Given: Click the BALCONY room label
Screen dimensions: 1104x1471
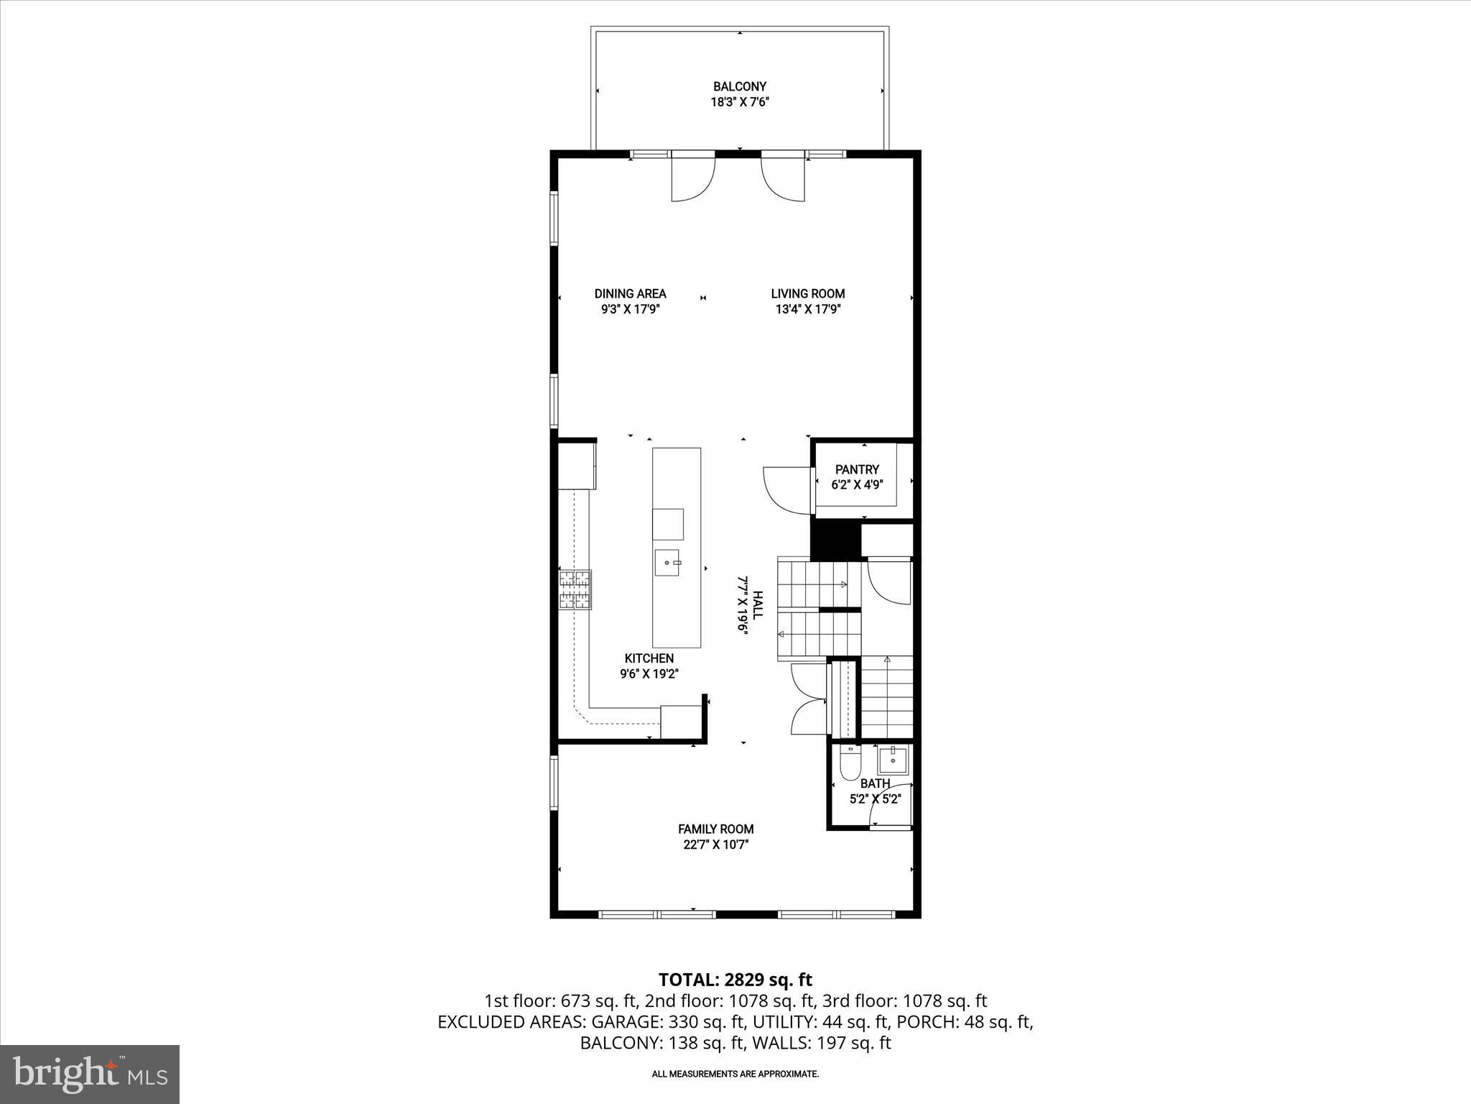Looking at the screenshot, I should [x=739, y=86].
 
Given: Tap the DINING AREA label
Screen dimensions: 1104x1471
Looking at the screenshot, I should [x=630, y=293].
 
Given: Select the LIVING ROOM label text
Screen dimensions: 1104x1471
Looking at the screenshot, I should [x=807, y=293].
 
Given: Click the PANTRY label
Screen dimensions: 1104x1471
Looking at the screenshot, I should [x=857, y=469].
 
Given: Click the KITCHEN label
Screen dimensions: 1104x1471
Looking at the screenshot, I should [x=649, y=658].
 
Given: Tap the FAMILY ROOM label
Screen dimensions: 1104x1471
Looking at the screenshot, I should [x=715, y=829].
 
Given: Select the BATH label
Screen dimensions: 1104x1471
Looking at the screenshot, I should [x=875, y=783].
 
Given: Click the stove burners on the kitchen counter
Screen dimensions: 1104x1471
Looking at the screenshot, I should [x=575, y=589].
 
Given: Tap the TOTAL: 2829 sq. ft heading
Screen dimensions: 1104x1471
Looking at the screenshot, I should [x=735, y=980].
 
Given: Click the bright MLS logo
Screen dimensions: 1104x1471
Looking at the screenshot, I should [x=90, y=1073].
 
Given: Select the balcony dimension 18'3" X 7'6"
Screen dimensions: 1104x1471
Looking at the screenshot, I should [x=739, y=102].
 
